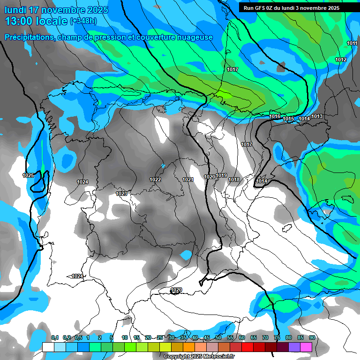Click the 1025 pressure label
pos(28,175)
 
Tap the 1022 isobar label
pos(155,180)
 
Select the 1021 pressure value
pos(188,180)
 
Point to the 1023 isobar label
pos(121,194)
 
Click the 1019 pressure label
pos(222,176)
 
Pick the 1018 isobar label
pos(234,180)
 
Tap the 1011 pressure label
pos(352,44)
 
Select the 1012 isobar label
pos(341,60)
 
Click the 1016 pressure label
pos(275,116)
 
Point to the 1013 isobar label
pos(317,116)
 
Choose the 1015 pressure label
pos(288,119)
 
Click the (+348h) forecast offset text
pos(84,21)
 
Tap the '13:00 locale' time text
pos(36,21)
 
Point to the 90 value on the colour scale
pos(312,337)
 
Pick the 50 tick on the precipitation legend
pos(218,337)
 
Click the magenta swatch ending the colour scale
pos(306,347)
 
